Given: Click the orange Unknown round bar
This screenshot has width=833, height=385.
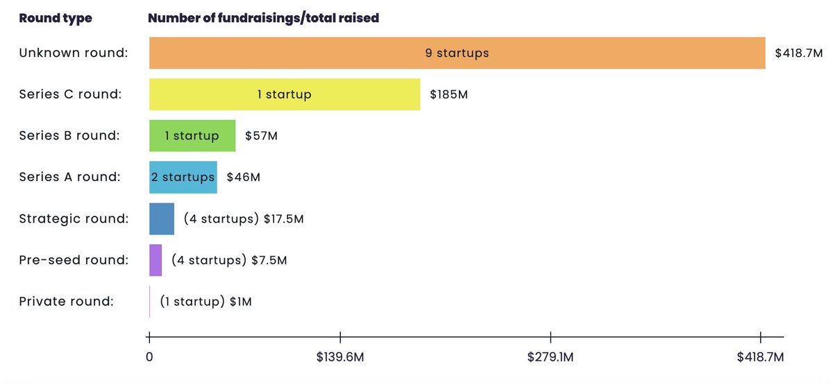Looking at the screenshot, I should pos(457,53).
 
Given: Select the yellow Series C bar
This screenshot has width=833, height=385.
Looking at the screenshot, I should pos(285,94).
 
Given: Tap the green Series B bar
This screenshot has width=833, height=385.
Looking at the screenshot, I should pos(192,136).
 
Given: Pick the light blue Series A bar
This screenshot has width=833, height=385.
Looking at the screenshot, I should pos(183,178).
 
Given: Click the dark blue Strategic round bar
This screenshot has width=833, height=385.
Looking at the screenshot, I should pos(162,219).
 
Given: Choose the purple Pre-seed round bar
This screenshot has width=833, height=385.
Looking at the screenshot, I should pos(155,261).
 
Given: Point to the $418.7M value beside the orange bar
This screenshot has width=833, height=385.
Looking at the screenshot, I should pos(798,53).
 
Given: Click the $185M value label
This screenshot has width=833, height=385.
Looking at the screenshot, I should pos(448,94).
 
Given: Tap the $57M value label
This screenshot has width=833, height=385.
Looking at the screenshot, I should pos(261,136).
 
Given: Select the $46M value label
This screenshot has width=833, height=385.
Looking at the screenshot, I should pos(244,178).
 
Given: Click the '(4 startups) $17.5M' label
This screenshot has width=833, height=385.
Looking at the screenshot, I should pos(244,219).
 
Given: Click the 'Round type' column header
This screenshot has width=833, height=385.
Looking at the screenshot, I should pos(56,18).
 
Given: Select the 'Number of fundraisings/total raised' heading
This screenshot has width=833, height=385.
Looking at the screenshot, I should pos(264,18).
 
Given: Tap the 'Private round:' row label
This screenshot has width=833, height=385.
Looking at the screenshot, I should pos(66,302).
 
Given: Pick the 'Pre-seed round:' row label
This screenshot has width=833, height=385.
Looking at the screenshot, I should pos(74,261).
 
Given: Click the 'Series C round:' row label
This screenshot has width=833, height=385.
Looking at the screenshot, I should pos(70,94).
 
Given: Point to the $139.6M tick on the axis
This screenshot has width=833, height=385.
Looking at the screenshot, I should pos(339,357).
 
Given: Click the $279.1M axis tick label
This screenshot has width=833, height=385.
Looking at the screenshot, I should pos(550,357).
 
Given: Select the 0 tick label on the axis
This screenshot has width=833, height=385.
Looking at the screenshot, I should pos(149,357).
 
